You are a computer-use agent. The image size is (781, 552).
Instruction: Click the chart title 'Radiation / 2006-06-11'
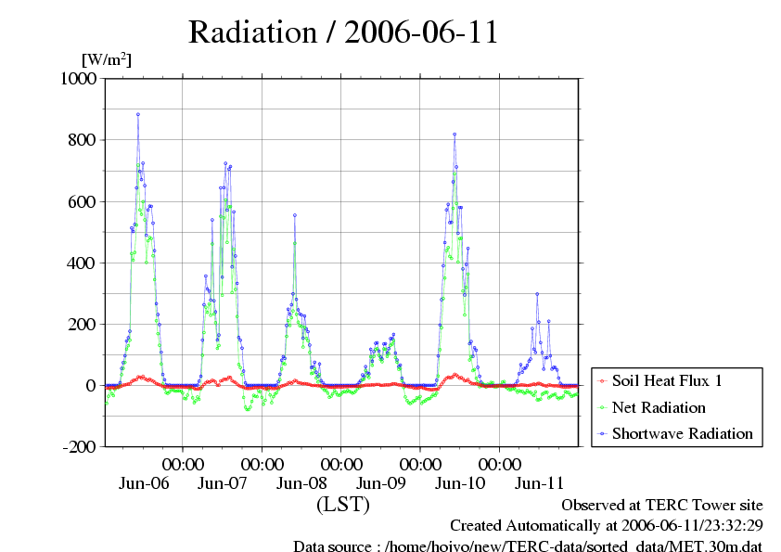pyautogui.click(x=343, y=32)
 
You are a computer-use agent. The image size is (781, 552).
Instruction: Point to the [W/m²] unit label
pyautogui.click(x=108, y=59)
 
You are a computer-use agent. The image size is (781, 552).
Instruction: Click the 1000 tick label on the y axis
pyautogui.click(x=79, y=79)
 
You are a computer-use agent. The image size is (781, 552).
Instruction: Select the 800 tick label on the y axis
pyautogui.click(x=84, y=140)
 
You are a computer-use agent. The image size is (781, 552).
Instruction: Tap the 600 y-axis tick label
pyautogui.click(x=84, y=201)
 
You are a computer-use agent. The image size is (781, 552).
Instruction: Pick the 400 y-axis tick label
pyautogui.click(x=84, y=263)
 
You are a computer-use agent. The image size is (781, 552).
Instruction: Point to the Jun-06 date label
pyautogui.click(x=144, y=483)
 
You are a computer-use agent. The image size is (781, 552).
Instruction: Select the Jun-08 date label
pyautogui.click(x=301, y=483)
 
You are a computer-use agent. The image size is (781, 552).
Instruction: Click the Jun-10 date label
pyautogui.click(x=460, y=483)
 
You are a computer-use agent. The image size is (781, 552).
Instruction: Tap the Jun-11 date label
pyautogui.click(x=539, y=483)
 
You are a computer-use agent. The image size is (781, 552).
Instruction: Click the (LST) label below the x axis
pyautogui.click(x=343, y=505)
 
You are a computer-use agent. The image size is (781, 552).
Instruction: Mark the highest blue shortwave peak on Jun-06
pyautogui.click(x=138, y=115)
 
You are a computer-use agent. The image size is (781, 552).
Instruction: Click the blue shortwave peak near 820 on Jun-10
pyautogui.click(x=455, y=135)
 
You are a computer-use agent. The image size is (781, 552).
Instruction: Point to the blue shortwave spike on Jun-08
pyautogui.click(x=295, y=215)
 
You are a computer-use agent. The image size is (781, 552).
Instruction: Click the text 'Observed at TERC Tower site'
pyautogui.click(x=662, y=506)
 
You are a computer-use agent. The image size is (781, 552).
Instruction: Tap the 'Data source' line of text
pyautogui.click(x=528, y=546)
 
